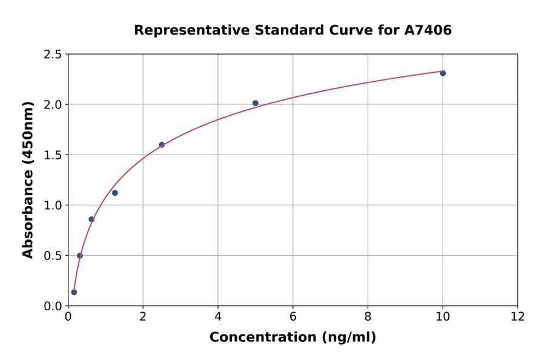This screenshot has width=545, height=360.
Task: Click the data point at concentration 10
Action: tap(443, 73)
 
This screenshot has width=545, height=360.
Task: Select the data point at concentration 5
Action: tap(256, 103)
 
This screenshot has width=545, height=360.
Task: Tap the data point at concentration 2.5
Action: tap(162, 145)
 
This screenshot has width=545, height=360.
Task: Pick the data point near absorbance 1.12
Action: tap(115, 193)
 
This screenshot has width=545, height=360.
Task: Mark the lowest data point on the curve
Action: tap(74, 292)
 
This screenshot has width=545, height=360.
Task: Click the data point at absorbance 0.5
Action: tap(80, 256)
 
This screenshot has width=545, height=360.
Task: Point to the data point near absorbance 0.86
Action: tap(91, 219)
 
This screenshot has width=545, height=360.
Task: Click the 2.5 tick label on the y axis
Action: tap(53, 55)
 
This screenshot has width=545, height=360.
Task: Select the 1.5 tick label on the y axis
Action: tap(53, 155)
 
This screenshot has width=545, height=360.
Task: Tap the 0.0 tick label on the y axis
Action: tap(53, 306)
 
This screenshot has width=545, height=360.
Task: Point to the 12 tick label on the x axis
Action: tap(518, 316)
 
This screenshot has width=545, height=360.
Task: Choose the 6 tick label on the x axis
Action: tap(293, 316)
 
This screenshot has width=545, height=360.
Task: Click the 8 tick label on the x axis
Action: tap(368, 316)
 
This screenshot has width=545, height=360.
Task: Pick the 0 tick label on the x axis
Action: tap(68, 316)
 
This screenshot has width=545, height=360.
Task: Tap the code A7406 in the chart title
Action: tap(428, 30)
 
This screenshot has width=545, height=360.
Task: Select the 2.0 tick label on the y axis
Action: tap(53, 105)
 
